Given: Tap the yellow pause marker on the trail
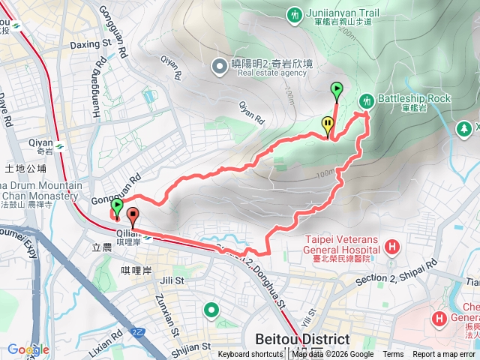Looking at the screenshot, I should coord(328,125).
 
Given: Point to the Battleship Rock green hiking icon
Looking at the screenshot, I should coord(367,100).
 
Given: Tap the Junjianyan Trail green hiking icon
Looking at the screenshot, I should coord(294,13).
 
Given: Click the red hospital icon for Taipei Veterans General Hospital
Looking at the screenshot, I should coord(391,247).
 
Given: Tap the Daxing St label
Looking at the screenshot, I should coord(90,45).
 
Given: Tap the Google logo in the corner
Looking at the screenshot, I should coord(28,349).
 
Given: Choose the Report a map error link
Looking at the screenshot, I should coord(444,355).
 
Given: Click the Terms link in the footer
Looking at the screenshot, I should coord(393,355).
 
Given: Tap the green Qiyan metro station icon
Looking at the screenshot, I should coord(59,142).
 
